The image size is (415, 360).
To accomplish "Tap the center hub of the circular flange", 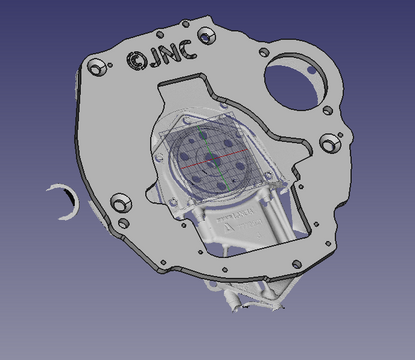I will tap(210, 159).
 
